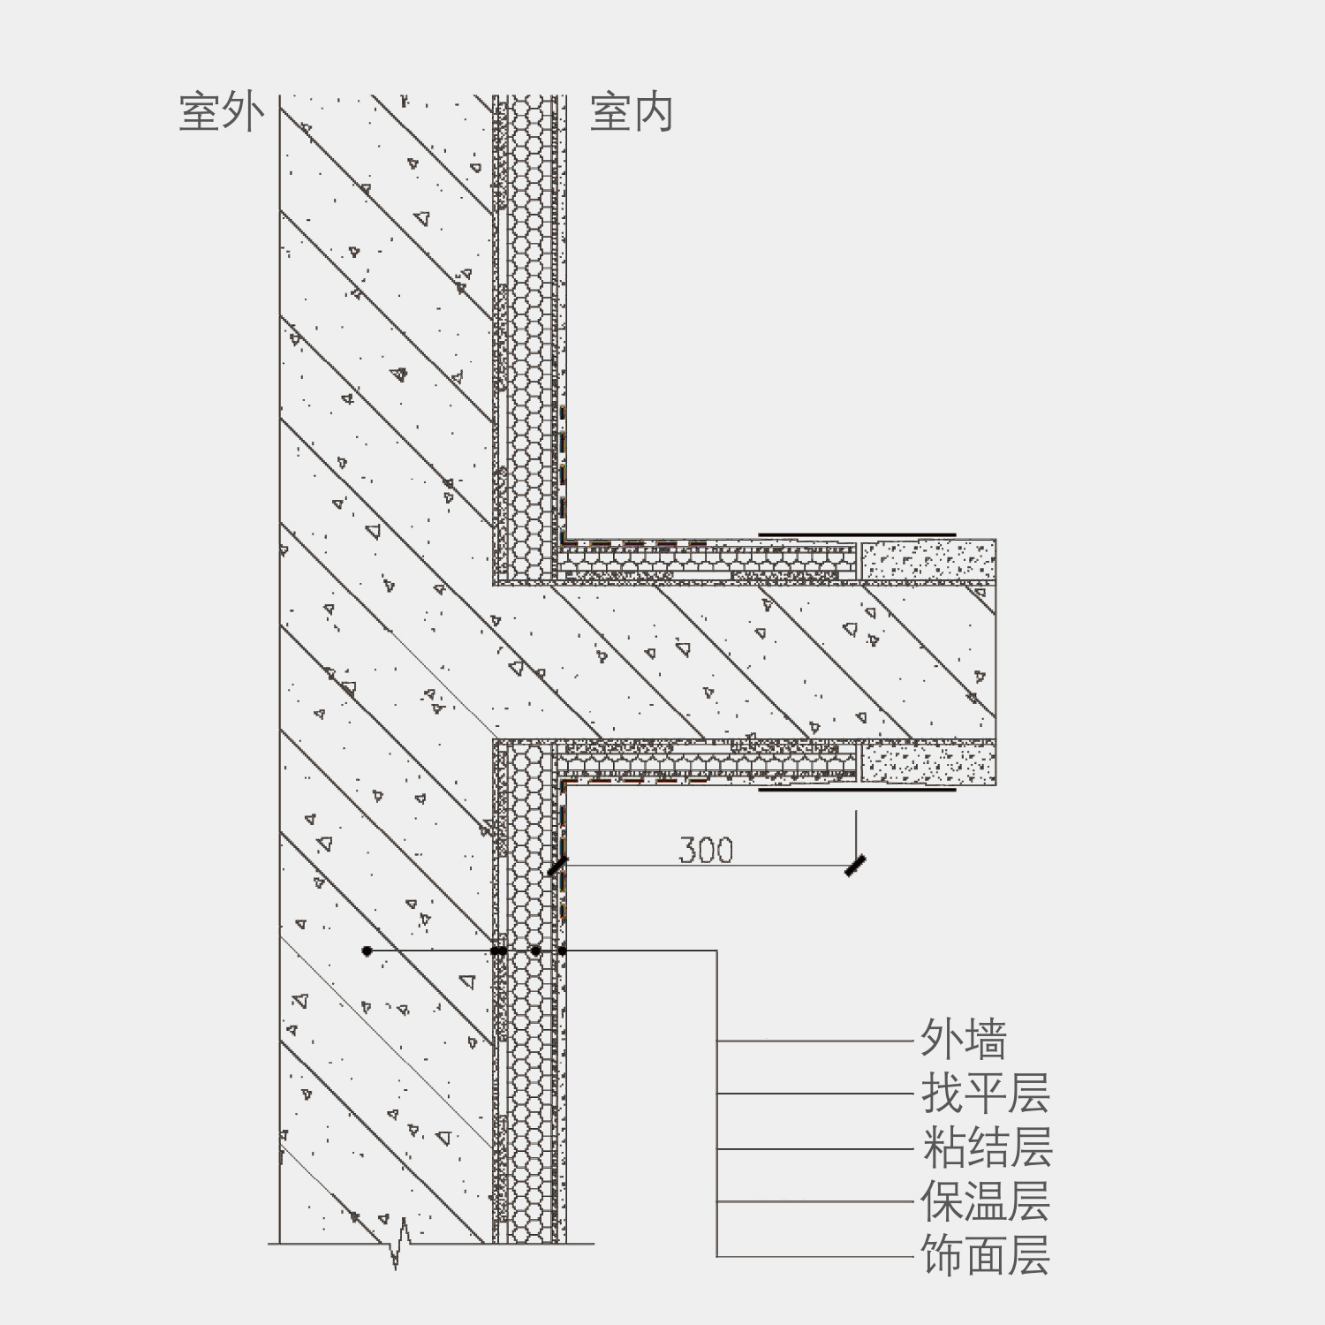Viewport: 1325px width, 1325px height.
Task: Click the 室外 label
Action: tap(222, 113)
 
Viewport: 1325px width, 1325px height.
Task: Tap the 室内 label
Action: tap(631, 113)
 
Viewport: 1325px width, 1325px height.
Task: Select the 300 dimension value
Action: tap(706, 850)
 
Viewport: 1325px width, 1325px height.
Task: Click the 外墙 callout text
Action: tap(964, 1039)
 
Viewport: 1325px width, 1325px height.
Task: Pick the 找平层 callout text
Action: tap(985, 1094)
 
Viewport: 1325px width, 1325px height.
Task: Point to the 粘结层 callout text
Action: tap(987, 1147)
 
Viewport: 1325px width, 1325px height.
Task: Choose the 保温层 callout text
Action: tap(985, 1201)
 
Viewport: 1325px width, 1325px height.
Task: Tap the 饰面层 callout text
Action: tap(985, 1255)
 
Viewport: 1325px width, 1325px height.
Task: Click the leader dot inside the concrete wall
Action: tap(367, 951)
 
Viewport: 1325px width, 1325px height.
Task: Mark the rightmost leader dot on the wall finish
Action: tap(562, 951)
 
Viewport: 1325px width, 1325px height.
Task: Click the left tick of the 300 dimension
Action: tap(556, 867)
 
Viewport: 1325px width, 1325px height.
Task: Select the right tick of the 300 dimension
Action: tap(854, 867)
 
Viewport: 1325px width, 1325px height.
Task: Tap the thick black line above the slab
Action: tap(857, 534)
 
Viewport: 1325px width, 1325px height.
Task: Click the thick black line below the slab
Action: tap(857, 790)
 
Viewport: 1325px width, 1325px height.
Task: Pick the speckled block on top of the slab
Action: tap(928, 560)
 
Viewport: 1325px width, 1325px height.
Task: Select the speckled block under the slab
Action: tap(928, 763)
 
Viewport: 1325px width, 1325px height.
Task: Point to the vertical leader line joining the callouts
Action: tap(716, 1104)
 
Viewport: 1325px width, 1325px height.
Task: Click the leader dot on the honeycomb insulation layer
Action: tap(535, 951)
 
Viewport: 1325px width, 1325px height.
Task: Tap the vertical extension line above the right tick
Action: tap(855, 835)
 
